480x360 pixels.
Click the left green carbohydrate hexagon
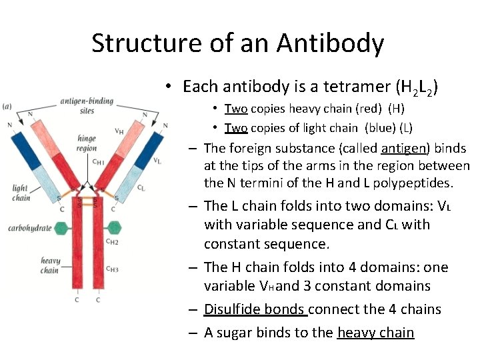tap(61, 227)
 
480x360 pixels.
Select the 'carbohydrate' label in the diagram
tap(29, 228)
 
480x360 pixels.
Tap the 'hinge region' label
tap(87, 144)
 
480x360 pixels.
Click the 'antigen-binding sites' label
tap(86, 106)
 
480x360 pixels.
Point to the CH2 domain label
tap(113, 241)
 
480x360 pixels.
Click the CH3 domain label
tap(113, 269)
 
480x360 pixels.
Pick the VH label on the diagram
tap(119, 131)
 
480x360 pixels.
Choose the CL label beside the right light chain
tap(141, 188)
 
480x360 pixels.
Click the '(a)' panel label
tap(7, 106)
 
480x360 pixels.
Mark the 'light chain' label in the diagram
tap(21, 193)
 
